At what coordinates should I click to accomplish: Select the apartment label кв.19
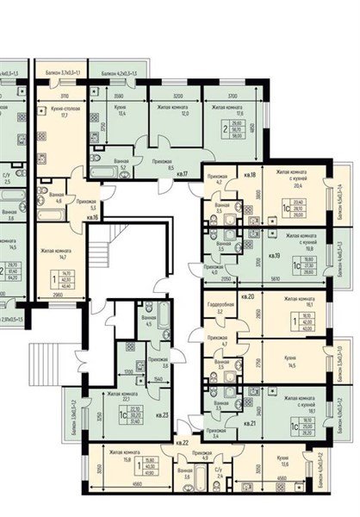tap(226, 256)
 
